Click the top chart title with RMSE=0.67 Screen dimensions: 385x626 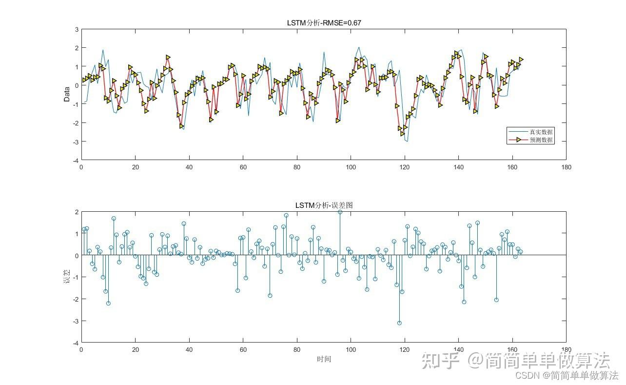coord(324,22)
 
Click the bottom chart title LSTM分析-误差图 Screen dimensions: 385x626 coord(324,205)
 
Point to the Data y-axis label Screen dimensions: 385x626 coord(67,94)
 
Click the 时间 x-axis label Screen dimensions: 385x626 coord(324,359)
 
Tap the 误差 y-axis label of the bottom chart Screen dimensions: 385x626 coord(67,277)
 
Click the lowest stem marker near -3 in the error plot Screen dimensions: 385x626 coord(399,323)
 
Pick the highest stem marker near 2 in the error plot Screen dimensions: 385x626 coord(340,212)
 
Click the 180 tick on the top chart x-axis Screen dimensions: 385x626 coord(566,167)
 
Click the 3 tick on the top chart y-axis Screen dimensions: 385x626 coord(76,30)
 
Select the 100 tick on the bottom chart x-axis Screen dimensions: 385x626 coord(351,349)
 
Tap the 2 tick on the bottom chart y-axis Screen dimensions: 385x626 coord(76,212)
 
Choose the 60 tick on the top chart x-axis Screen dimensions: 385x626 coord(243,167)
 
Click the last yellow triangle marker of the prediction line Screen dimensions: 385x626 coord(521,60)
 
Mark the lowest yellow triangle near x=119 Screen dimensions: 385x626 coord(402,133)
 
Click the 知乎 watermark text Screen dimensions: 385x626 coord(441,361)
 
